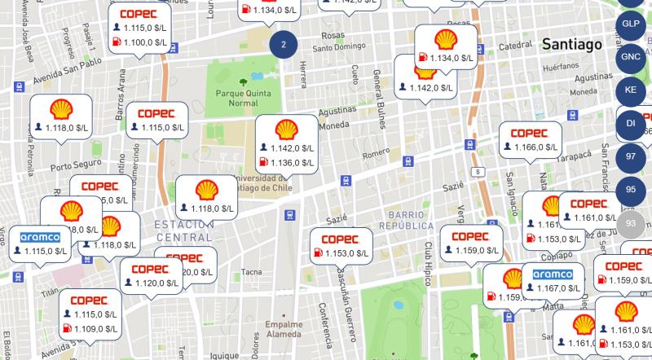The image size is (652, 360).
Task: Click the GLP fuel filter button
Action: pos(631,24)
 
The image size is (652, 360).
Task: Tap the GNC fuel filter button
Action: pos(631,56)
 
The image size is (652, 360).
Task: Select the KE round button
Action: pos(631,90)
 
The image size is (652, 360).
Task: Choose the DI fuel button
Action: pos(631,123)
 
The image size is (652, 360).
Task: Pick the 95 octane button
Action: pos(631,190)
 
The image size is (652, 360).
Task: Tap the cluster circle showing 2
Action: pos(284,44)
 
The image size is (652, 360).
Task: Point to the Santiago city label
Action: pos(570,43)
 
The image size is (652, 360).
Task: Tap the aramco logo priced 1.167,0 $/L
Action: pos(559,274)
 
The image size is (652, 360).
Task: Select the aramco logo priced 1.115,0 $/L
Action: pos(41,236)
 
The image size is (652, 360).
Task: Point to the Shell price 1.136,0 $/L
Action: pos(291,163)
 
